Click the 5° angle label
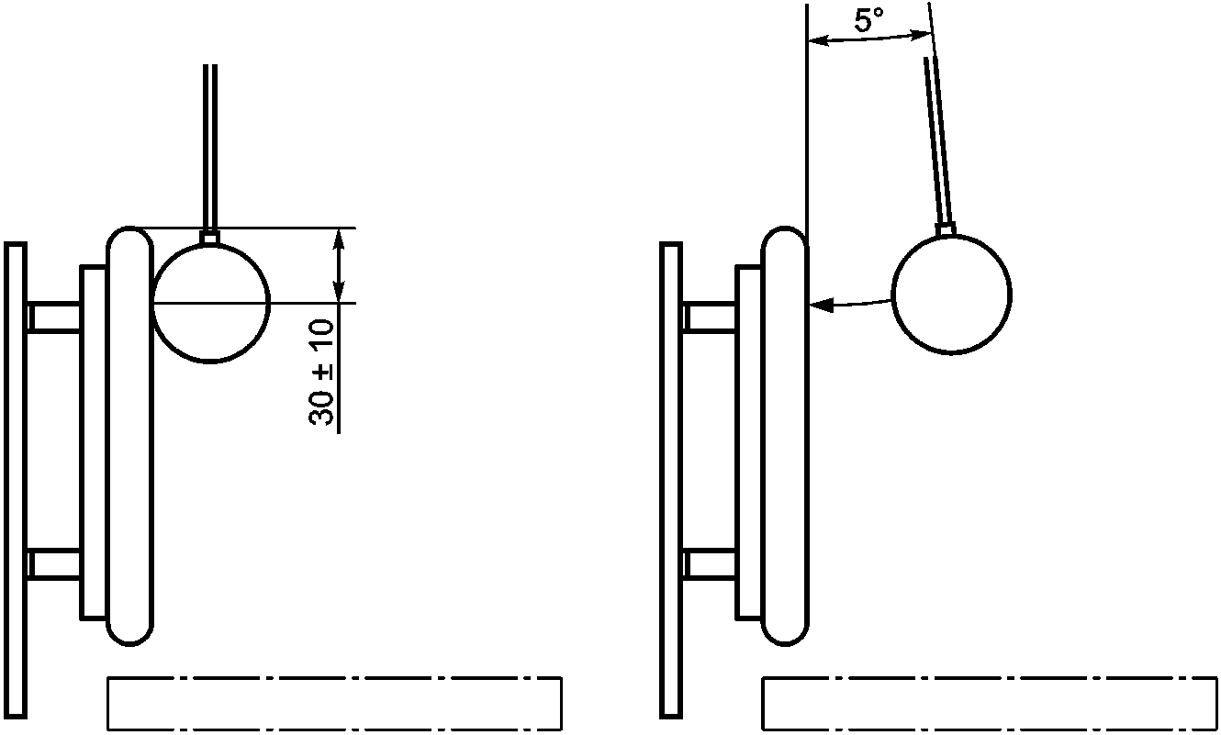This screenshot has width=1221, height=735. [868, 21]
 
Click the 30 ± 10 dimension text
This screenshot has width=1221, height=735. [321, 373]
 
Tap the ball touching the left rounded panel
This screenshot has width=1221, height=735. [211, 303]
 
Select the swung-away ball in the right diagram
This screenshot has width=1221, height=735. [952, 295]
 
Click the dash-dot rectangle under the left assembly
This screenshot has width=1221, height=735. [335, 704]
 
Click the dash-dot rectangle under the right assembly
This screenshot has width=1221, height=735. [990, 704]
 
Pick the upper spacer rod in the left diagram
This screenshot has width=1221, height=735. [53, 317]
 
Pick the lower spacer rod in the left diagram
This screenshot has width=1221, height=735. [53, 563]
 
